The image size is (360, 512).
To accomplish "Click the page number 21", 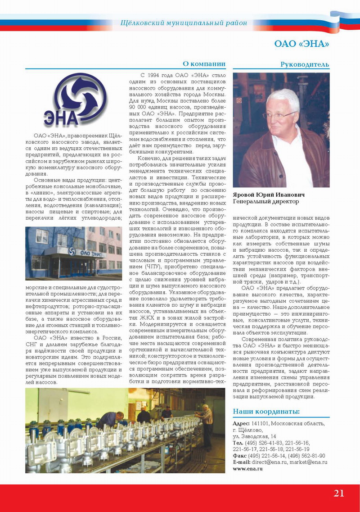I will [339, 493].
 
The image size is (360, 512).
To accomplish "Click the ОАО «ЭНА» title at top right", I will [301, 44].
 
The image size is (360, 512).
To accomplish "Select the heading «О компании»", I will [204, 63].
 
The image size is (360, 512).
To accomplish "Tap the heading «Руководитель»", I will [305, 64].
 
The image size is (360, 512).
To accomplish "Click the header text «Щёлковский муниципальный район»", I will [184, 23].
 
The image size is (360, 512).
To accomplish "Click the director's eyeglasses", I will [279, 115].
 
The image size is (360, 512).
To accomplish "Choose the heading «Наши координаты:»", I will [266, 411].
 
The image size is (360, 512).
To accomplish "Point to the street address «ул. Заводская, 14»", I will [254, 436].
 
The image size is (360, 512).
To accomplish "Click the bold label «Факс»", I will [239, 456].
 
